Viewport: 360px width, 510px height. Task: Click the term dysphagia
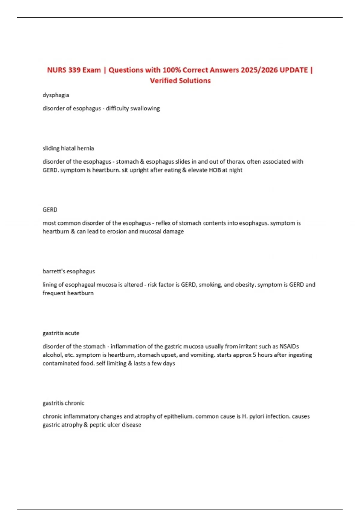56,95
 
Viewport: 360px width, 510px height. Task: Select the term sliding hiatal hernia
68,148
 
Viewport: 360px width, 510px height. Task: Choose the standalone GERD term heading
50,210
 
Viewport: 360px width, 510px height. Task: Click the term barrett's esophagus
69,271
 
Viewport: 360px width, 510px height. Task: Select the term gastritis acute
61,333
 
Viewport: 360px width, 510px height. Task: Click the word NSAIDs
289,346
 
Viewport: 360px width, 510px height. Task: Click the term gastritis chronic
63,403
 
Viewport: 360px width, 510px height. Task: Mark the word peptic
97,425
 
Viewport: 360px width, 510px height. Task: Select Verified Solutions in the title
180,81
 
